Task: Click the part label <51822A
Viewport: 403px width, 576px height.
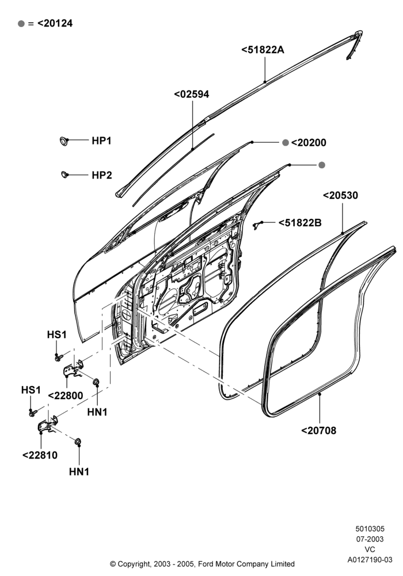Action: tap(263, 50)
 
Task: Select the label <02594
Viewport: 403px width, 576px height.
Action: tap(192, 94)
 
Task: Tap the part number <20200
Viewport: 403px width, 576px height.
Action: tap(309, 142)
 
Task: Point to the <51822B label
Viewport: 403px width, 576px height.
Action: tap(300, 222)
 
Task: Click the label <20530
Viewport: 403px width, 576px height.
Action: tap(340, 195)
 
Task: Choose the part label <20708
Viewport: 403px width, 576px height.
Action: tap(318, 430)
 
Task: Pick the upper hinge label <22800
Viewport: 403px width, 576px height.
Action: tap(66, 396)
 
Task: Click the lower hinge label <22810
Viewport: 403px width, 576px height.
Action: tap(40, 455)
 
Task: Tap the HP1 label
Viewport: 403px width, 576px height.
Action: tap(102, 141)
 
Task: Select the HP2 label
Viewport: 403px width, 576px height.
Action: tap(102, 175)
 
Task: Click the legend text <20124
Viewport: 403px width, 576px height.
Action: tap(55, 23)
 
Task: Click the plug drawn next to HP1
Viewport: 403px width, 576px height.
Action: tap(64, 141)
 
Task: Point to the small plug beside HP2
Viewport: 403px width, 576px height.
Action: tap(64, 174)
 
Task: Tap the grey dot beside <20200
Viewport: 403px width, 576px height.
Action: tap(286, 142)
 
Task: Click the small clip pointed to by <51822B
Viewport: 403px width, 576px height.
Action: tap(258, 225)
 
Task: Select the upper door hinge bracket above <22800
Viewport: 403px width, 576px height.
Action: tap(74, 369)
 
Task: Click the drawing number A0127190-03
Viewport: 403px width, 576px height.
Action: tap(370, 560)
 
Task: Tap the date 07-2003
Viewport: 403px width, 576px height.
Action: tap(370, 539)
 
